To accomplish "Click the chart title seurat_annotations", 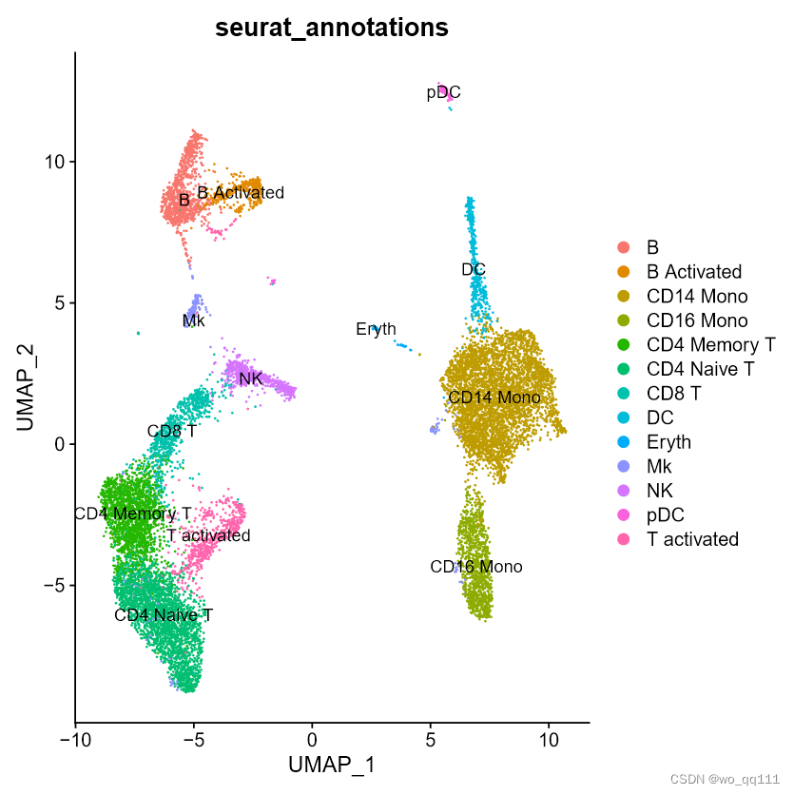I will coord(332,28).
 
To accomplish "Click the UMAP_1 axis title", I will coord(332,764).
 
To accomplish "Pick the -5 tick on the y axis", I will coord(54,586).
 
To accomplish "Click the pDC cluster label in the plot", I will coord(443,92).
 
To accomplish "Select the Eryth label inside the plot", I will coord(376,330).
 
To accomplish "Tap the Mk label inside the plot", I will coord(194,321).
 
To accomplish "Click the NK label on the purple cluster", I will coord(251,379).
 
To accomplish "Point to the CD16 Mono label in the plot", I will coord(475,567).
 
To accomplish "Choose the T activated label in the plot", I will coord(208,535).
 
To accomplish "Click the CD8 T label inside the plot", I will coord(172,431).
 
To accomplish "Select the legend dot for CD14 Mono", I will coord(623,296).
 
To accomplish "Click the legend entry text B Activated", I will coord(693,271).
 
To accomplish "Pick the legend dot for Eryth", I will coord(623,442).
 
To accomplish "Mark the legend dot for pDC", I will coord(623,515).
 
